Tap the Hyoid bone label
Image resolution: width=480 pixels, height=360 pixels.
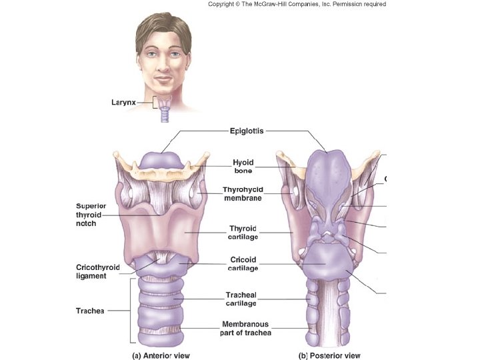coord(243,166)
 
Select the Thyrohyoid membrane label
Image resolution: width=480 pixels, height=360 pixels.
coord(243,193)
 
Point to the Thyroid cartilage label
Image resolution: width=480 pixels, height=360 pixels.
coord(243,233)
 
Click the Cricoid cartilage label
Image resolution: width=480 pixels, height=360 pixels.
coord(243,264)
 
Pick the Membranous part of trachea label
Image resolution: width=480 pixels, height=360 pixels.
coord(246,328)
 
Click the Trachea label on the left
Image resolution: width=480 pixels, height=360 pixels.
coord(90,310)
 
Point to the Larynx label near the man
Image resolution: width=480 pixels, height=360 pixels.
coord(124,102)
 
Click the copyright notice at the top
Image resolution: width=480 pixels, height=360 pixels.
coord(297,4)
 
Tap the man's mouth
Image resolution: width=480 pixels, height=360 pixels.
coord(165,79)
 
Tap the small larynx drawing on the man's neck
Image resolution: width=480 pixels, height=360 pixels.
coord(165,108)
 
